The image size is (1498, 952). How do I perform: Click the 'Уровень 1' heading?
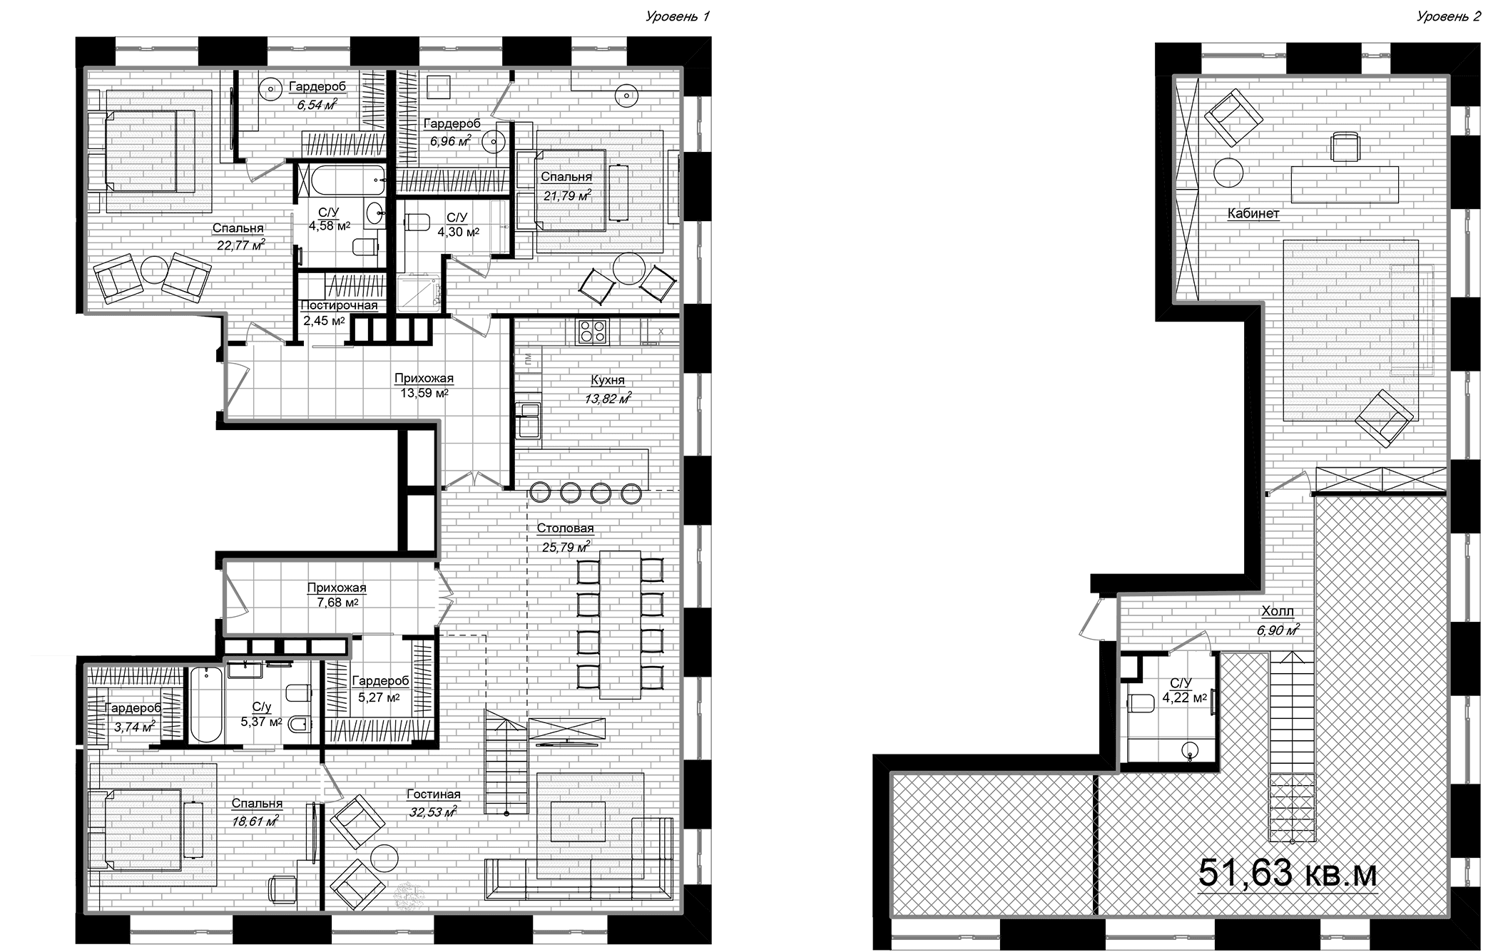tap(677, 16)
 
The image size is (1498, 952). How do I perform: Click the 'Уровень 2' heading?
tap(1447, 16)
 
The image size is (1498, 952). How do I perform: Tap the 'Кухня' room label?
tap(608, 381)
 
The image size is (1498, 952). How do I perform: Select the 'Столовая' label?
tap(565, 528)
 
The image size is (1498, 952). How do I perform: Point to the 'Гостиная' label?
tap(434, 794)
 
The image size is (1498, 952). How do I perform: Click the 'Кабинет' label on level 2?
tap(1253, 213)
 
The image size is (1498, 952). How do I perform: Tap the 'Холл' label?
tap(1278, 611)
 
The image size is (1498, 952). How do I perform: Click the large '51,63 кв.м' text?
tap(1287, 874)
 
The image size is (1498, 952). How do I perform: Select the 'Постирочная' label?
tap(339, 305)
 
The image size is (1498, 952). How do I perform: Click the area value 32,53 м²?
tap(433, 812)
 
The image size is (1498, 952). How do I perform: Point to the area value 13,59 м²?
tap(424, 393)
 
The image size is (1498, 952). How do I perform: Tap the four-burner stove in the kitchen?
tap(592, 332)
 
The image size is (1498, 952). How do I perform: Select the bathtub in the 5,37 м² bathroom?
tap(208, 705)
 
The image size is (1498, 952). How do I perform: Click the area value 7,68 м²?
tap(337, 603)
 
